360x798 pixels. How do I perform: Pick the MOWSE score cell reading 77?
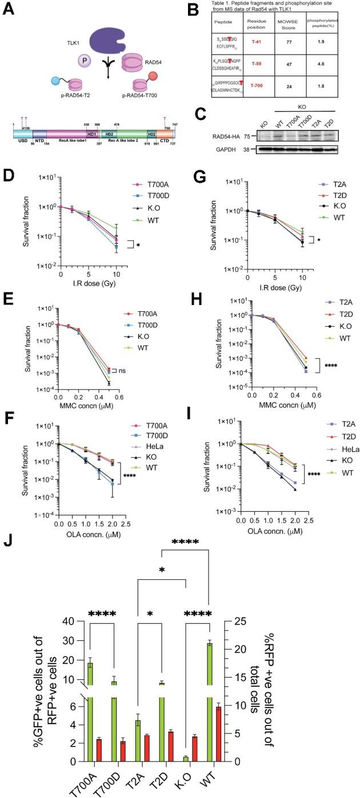pos(297,34)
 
